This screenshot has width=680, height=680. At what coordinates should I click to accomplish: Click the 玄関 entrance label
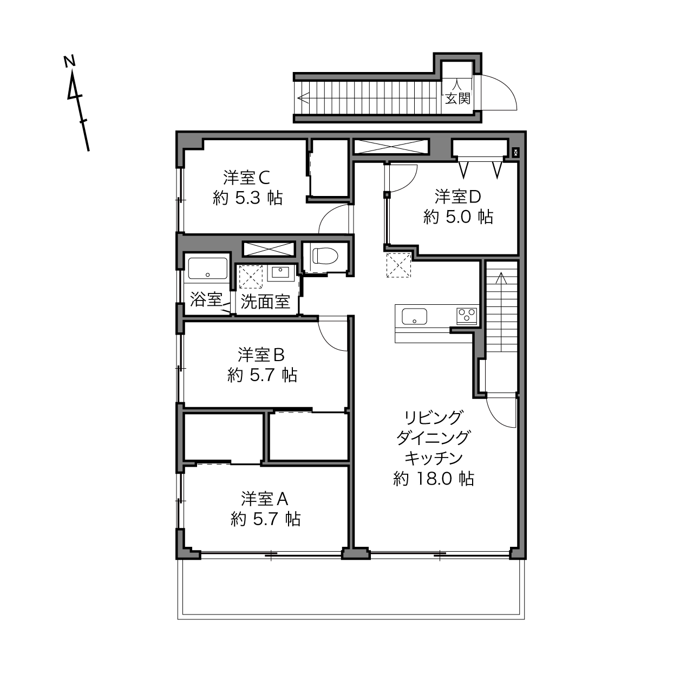(457, 99)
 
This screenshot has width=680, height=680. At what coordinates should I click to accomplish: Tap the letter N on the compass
(69, 61)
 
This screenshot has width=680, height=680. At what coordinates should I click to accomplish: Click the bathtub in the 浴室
(207, 269)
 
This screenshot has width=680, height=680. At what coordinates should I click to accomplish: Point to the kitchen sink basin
(414, 317)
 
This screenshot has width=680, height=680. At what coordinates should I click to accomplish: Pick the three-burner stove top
(467, 315)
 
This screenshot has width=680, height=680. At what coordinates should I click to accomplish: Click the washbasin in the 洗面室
(280, 273)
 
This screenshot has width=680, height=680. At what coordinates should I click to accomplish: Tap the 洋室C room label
(246, 178)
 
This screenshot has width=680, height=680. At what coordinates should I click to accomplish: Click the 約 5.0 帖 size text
(457, 217)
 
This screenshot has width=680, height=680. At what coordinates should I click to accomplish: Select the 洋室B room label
(261, 355)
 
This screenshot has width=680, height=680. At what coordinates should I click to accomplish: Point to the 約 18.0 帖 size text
(433, 479)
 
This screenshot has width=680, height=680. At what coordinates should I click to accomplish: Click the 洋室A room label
(265, 499)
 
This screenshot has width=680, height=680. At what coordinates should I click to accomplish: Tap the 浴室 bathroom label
(206, 299)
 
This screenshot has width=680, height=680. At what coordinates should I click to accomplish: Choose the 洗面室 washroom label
(265, 302)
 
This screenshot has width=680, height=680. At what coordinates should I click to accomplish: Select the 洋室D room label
(457, 197)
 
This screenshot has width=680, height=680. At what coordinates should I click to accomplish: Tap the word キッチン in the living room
(433, 459)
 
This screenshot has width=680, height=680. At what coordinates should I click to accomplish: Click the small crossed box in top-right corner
(516, 153)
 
